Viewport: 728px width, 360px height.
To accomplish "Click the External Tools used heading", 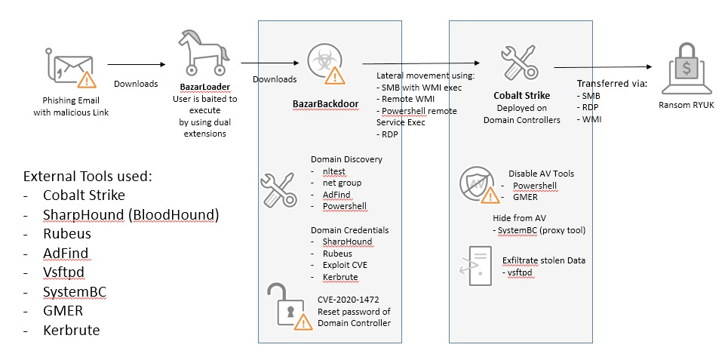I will [x=88, y=177].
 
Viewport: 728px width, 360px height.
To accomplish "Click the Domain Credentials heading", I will [x=349, y=229].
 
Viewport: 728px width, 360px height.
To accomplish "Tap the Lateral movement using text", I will [x=425, y=76].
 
